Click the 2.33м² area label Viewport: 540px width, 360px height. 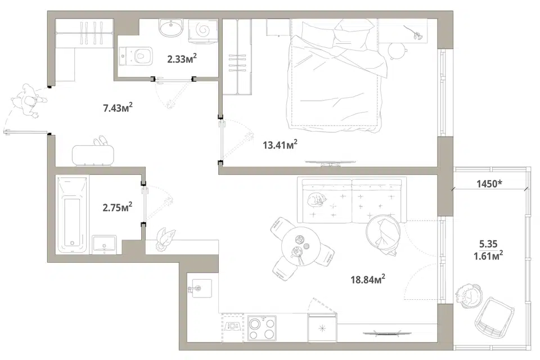point(182,59)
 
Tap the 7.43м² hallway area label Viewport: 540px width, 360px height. point(118,108)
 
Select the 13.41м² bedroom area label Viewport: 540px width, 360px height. point(280,145)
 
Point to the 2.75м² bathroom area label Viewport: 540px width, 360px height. point(118,208)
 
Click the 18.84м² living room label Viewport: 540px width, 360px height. point(368,279)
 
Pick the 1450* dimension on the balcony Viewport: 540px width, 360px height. point(489,183)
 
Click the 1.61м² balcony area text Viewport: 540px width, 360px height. point(488,255)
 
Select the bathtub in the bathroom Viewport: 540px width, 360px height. point(71,215)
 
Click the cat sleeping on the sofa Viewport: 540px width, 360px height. point(316,200)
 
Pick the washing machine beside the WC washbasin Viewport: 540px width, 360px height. point(203,31)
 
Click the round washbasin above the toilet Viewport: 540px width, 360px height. point(170,27)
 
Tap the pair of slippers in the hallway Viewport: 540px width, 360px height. point(100,141)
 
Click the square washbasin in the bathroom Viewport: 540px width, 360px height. point(105,245)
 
